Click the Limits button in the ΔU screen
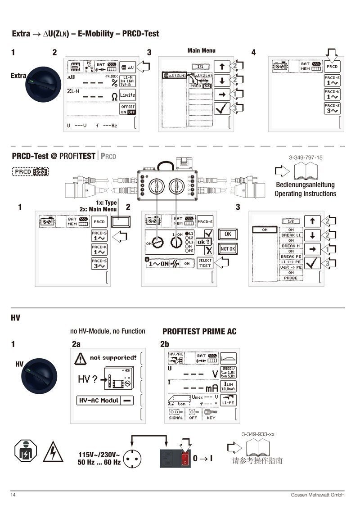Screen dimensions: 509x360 click(x=127, y=95)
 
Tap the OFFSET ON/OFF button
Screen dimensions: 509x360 click(x=127, y=109)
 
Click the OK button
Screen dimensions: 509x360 click(x=228, y=234)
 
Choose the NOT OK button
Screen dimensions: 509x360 click(x=228, y=249)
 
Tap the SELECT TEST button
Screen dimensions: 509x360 click(x=205, y=263)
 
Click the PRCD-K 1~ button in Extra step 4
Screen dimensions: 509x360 click(x=332, y=94)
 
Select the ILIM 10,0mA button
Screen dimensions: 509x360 click(x=228, y=386)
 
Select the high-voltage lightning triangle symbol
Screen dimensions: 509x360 click(x=50, y=453)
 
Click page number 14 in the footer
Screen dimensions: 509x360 click(x=13, y=495)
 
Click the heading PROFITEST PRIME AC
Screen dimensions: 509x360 click(x=199, y=332)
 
